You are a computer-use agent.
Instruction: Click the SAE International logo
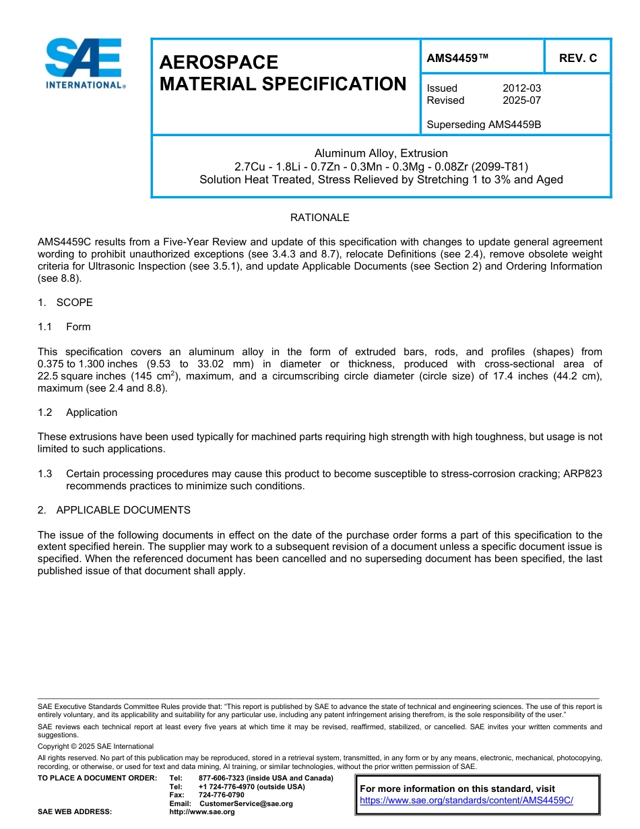coord(85,63)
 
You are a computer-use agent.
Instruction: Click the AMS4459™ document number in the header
coord(457,58)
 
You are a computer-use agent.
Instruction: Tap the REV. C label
coord(578,58)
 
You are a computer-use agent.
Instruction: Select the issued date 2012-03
coord(521,88)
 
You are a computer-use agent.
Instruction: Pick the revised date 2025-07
coord(521,100)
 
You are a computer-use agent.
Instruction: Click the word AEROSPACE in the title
coord(218,63)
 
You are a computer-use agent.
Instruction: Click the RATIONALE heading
coord(319,218)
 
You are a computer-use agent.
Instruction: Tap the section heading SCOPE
coord(74,303)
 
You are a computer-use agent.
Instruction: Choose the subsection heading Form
coord(78,327)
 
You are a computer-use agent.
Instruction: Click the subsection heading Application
coord(92,412)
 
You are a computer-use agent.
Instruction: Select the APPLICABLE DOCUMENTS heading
coord(123,510)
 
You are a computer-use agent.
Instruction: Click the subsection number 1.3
coord(45,474)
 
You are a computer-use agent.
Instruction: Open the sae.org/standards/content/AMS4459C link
coord(466,800)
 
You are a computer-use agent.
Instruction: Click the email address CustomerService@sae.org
coord(246,803)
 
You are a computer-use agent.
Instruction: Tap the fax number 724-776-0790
coord(222,795)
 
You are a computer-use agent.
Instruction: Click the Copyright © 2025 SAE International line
coord(96,746)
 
